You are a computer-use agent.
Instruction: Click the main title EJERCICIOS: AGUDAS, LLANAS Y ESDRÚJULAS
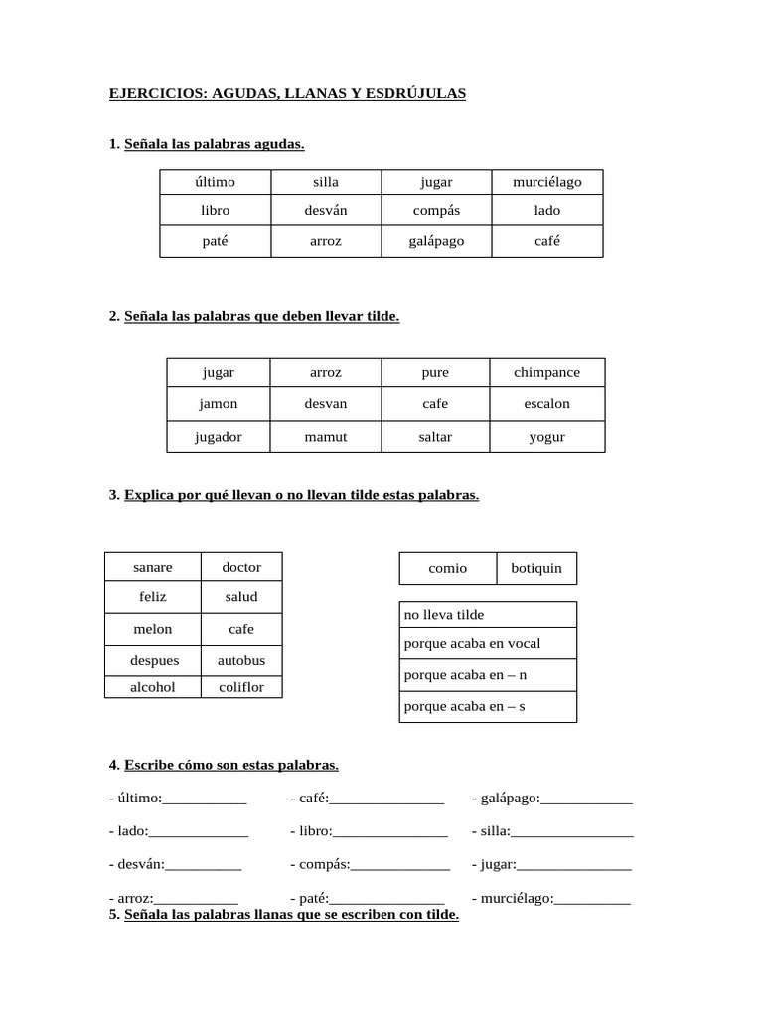[x=286, y=94]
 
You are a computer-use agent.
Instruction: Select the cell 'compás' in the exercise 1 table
[x=436, y=210]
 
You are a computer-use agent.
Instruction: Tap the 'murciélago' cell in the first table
[x=546, y=182]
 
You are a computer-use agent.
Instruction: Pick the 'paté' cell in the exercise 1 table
[x=215, y=241]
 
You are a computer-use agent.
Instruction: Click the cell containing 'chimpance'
[x=546, y=372]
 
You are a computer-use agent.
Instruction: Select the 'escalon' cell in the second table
[x=546, y=404]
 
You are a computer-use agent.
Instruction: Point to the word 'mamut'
[x=326, y=437]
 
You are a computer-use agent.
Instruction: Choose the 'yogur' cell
[x=546, y=437]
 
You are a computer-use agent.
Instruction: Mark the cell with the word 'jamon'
[x=219, y=404]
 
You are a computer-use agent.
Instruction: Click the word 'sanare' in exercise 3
[x=153, y=567]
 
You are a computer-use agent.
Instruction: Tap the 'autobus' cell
[x=241, y=660]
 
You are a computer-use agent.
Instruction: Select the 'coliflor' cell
[x=241, y=687]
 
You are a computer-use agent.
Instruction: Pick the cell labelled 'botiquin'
[x=536, y=568]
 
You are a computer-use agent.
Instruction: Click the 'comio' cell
[x=447, y=568]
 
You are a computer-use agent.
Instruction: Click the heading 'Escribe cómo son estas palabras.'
[x=231, y=765]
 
